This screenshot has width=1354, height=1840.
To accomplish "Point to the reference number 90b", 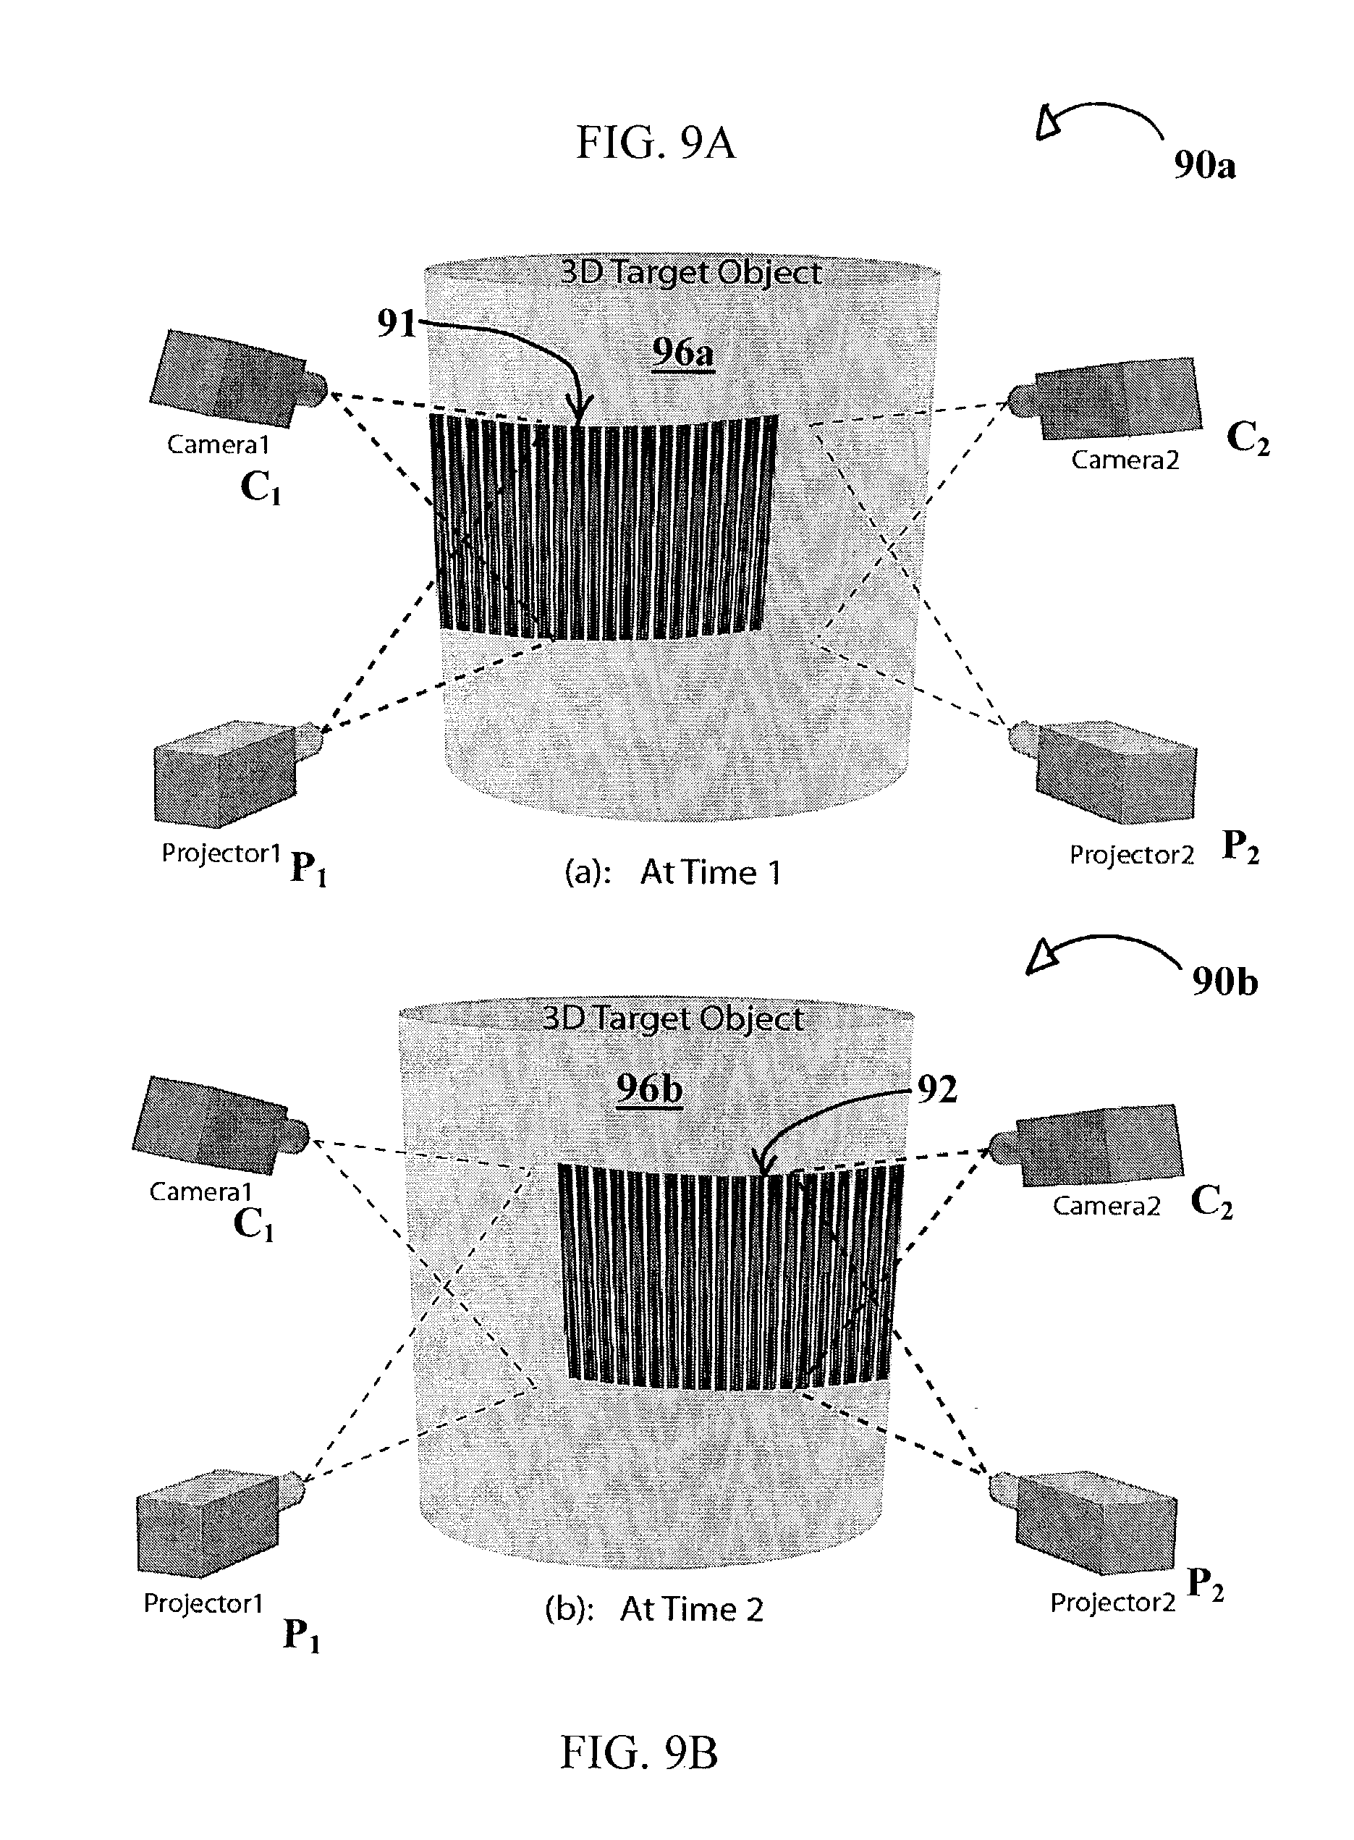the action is (x=1224, y=981).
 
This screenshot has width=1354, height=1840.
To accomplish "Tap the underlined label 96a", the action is (x=682, y=353).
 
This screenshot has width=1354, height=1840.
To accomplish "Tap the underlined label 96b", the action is (x=649, y=1088).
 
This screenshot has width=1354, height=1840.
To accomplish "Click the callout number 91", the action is (x=397, y=323).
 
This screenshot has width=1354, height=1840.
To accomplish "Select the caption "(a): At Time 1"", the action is (x=672, y=872).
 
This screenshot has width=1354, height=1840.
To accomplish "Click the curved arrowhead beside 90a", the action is (x=1050, y=123).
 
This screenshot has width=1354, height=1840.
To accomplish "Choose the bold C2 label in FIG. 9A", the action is (x=1248, y=440).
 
